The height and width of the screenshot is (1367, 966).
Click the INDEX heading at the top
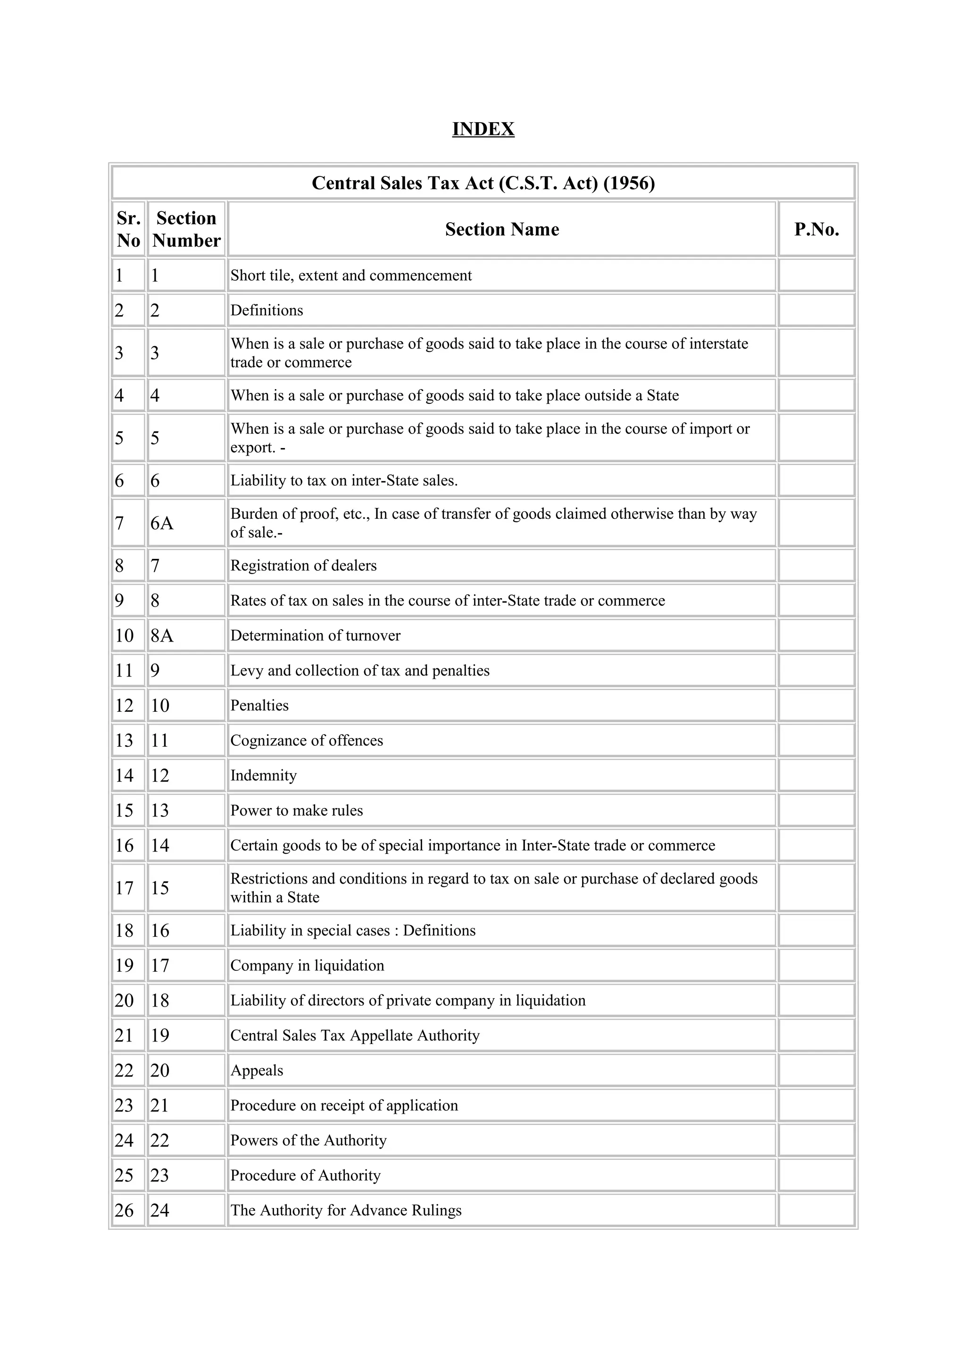pos(483,129)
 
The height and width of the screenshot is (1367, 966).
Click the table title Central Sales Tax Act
pos(483,183)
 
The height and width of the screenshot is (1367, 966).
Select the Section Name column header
pos(502,229)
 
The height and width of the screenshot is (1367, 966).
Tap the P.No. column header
pos(816,229)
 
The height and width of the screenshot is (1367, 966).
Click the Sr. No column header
pos(128,229)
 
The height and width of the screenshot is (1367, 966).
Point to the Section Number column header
pos(186,229)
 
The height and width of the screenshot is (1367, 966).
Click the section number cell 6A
pos(162,523)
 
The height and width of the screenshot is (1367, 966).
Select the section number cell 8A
pos(162,635)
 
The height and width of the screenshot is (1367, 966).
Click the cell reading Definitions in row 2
pos(266,310)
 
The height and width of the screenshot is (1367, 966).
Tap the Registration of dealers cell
pos(304,566)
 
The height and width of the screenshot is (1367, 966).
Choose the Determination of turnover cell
pos(316,635)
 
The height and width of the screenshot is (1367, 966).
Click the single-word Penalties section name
pos(259,706)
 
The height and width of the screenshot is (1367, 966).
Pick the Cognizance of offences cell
pos(307,741)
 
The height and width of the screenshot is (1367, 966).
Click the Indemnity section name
pos(263,775)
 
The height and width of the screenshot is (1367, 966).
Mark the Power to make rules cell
pos(296,810)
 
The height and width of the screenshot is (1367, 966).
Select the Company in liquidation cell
pos(307,965)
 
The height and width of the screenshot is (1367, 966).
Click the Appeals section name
pos(257,1070)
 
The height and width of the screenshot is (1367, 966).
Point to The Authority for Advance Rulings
pos(346,1210)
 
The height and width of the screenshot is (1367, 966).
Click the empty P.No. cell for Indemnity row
pos(816,775)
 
